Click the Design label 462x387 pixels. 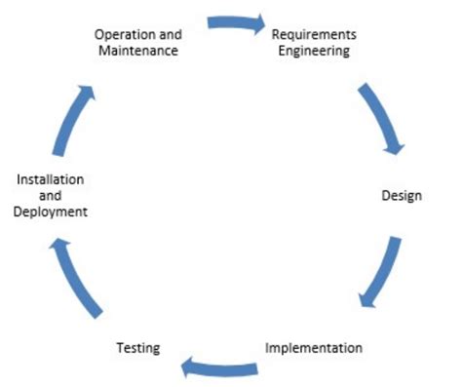coord(401,196)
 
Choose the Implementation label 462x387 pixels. coord(314,347)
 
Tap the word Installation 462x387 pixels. coord(50,180)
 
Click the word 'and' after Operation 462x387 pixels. coord(168,34)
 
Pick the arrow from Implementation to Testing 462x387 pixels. coord(220,367)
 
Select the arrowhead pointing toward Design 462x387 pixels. coord(394,145)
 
